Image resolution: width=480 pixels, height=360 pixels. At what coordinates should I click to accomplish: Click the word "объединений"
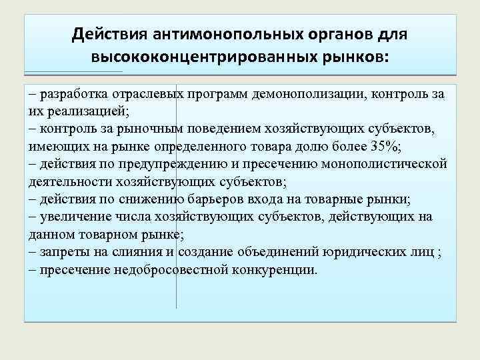[x=269, y=252]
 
